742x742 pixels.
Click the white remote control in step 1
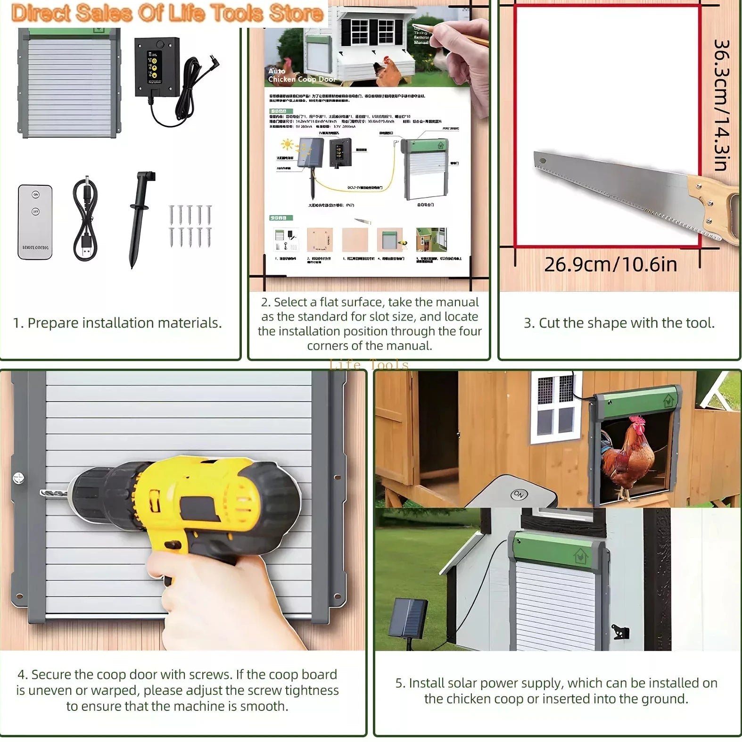[x=35, y=222]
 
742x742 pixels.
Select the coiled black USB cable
[x=85, y=219]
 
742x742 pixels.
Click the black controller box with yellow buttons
[x=157, y=66]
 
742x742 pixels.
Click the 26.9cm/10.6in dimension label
[x=610, y=264]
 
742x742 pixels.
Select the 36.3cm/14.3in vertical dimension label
[x=721, y=105]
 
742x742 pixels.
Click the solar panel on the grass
[x=410, y=617]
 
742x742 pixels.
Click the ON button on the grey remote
[x=519, y=495]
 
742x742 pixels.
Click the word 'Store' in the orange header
[x=296, y=13]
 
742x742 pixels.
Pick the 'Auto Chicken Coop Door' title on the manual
[x=302, y=75]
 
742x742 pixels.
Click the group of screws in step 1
[x=190, y=226]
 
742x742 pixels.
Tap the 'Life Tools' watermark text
[x=369, y=364]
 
